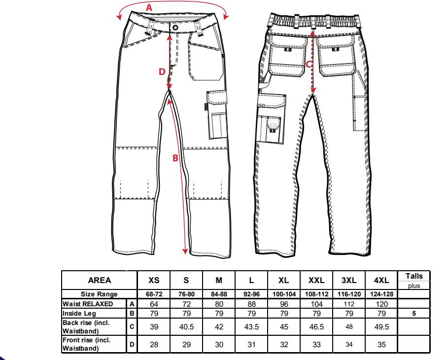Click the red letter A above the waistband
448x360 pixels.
click(149, 8)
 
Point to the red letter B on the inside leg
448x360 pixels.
click(175, 158)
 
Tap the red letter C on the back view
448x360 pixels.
click(309, 65)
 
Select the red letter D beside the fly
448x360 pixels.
click(162, 72)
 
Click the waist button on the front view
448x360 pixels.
click(175, 28)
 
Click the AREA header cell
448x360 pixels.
click(99, 280)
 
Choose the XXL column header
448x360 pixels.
click(316, 280)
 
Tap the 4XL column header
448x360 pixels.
click(381, 280)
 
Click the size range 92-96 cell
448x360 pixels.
click(251, 294)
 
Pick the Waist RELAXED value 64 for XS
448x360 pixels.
click(154, 304)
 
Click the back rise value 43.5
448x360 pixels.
click(251, 327)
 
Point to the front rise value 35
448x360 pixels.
click(381, 345)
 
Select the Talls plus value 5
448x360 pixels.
click(414, 314)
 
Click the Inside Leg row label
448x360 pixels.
click(79, 313)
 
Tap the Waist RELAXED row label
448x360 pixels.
click(88, 304)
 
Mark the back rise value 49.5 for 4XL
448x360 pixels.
click(381, 327)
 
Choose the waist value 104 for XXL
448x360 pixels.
click(316, 304)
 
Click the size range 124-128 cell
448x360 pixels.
click(382, 294)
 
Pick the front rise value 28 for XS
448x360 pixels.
click(154, 345)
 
